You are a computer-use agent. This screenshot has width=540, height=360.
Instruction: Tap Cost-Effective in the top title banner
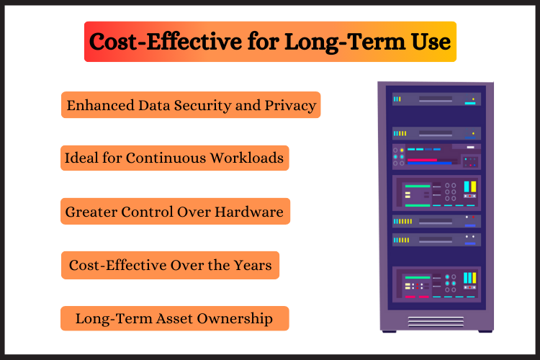coord(166,42)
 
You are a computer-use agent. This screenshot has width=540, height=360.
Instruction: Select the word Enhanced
coord(101,105)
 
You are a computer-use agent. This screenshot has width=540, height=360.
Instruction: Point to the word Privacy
coord(290,106)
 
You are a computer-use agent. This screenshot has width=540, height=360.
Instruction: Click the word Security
coord(203,106)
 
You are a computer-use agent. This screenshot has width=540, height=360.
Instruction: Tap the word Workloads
coord(247,158)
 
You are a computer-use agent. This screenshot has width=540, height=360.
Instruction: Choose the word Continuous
coord(166,158)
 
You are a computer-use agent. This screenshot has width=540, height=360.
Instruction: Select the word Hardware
coord(249,212)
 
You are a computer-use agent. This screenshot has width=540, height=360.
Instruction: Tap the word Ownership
coord(235,319)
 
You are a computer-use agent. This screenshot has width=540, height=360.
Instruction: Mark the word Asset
coord(174,319)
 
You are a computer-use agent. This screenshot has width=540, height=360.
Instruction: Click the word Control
coord(147,212)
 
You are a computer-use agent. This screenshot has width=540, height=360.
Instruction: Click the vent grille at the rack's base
coord(436,321)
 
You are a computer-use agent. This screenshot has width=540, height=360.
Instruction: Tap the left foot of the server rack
coord(389,331)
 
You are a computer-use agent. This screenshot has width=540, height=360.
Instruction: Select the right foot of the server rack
coord(485,331)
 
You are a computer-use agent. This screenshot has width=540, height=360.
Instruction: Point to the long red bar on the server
coord(422,160)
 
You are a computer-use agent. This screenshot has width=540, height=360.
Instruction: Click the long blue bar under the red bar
coord(429,163)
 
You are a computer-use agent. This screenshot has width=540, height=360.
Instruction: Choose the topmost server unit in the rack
coord(436,99)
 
